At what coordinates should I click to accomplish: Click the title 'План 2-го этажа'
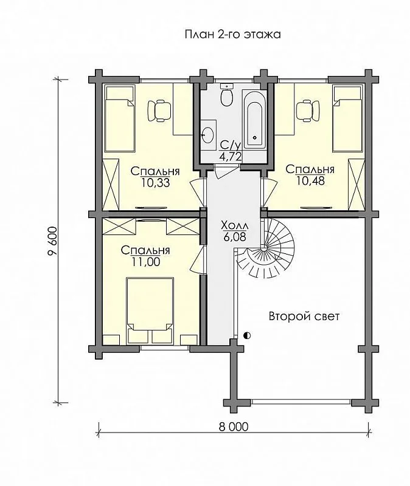pyautogui.click(x=233, y=34)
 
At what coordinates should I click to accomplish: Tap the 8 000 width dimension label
pyautogui.click(x=234, y=426)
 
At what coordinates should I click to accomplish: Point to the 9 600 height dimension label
pyautogui.click(x=53, y=241)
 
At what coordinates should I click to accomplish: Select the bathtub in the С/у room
pyautogui.click(x=255, y=120)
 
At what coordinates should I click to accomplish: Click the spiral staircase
pyautogui.click(x=266, y=248)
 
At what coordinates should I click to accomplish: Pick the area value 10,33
pyautogui.click(x=156, y=183)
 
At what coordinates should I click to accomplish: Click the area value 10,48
pyautogui.click(x=311, y=180)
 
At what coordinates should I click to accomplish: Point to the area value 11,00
pyautogui.click(x=146, y=262)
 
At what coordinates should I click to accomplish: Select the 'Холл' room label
pyautogui.click(x=234, y=225)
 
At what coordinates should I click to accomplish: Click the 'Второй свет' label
pyautogui.click(x=304, y=317)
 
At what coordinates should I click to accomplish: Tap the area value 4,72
pyautogui.click(x=231, y=156)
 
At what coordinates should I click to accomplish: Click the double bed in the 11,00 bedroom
pyautogui.click(x=150, y=310)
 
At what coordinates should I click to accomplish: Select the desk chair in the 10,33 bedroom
pyautogui.click(x=159, y=111)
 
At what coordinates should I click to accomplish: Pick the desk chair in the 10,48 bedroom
pyautogui.click(x=308, y=111)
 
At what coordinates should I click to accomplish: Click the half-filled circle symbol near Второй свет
pyautogui.click(x=248, y=335)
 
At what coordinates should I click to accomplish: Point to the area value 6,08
pyautogui.click(x=234, y=237)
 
